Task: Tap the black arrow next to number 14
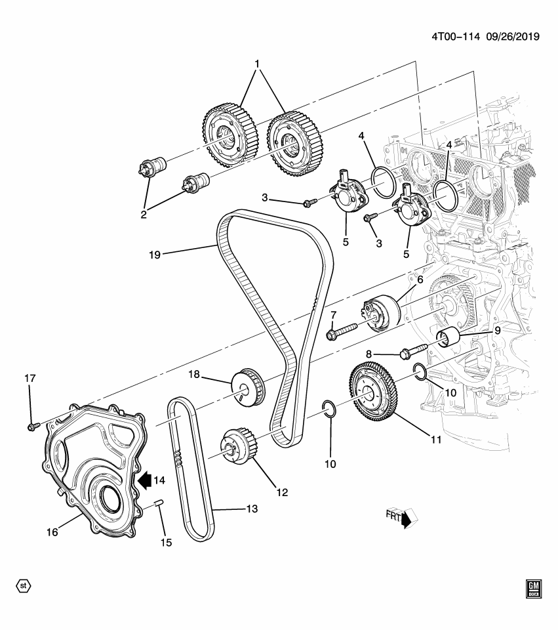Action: [142, 481]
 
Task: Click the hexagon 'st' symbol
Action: [24, 584]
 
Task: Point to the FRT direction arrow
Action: [406, 518]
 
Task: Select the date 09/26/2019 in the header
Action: [513, 37]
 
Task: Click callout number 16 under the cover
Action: [52, 532]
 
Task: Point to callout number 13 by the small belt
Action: [233, 508]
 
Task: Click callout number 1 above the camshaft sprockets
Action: [257, 64]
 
